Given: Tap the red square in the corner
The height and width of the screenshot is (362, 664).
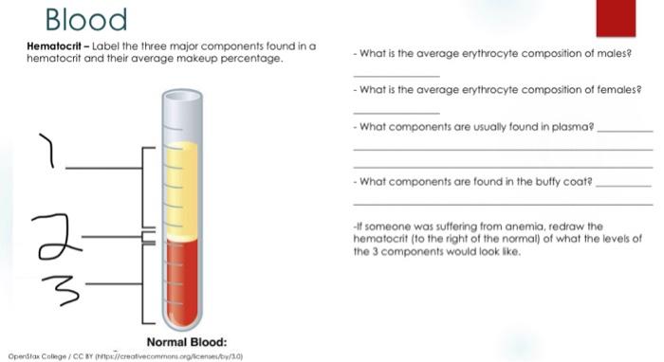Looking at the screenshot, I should coord(616,18).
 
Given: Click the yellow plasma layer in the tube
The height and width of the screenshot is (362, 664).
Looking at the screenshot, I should coord(181,190).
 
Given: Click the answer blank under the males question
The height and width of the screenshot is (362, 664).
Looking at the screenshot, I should coord(396,75).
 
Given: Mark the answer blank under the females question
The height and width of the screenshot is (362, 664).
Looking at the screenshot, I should coord(396,113).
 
